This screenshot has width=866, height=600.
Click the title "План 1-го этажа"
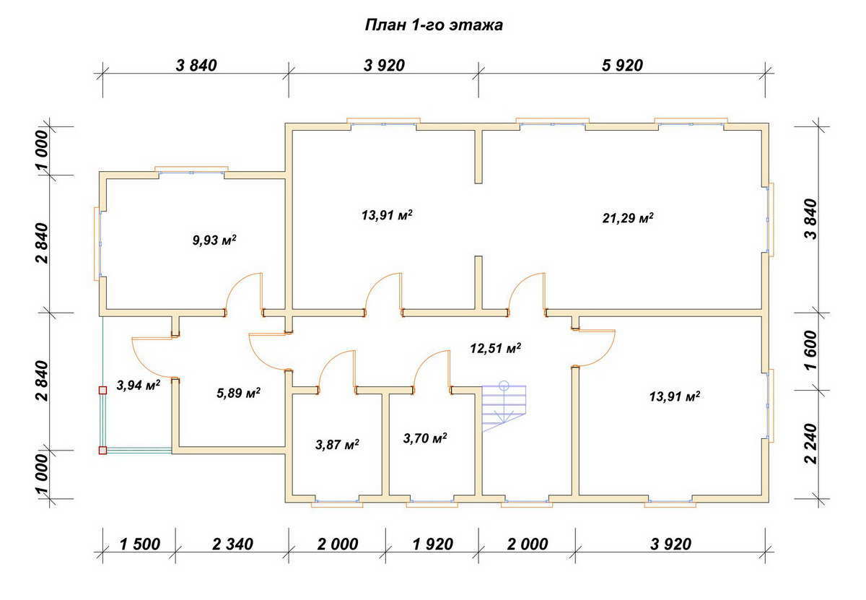(434, 25)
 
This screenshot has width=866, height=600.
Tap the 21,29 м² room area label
(628, 218)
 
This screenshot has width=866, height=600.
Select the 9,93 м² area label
(214, 240)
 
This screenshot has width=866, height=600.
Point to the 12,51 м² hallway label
(495, 348)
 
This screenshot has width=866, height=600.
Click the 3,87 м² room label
(337, 445)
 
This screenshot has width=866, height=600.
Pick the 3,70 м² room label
(425, 438)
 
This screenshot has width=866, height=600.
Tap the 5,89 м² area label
(238, 394)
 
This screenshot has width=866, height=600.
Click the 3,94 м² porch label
(139, 385)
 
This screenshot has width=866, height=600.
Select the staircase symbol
(504, 406)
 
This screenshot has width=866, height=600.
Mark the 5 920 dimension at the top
(622, 66)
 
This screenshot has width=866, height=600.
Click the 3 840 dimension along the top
(196, 66)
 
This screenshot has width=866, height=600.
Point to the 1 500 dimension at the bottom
(139, 544)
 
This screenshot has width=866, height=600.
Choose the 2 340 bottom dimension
(232, 544)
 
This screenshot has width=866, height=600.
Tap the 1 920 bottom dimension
(432, 544)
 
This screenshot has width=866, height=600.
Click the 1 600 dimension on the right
(810, 350)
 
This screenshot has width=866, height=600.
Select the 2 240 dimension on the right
(810, 443)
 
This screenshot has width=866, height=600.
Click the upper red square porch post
(102, 390)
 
